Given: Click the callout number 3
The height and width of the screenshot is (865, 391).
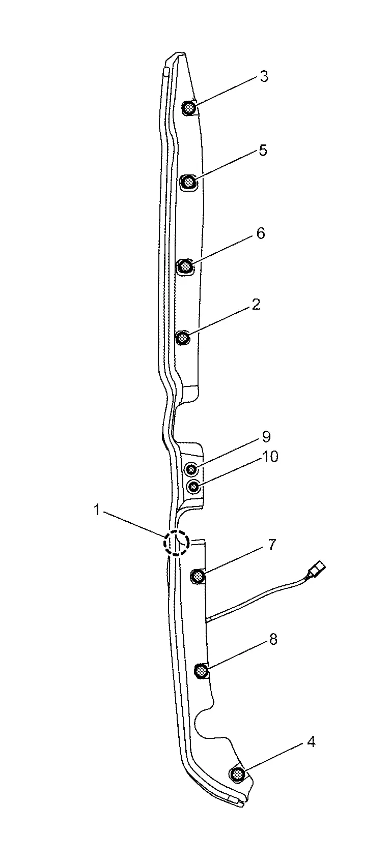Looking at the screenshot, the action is click(264, 76).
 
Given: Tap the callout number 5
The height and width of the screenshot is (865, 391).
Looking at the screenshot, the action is click(263, 150).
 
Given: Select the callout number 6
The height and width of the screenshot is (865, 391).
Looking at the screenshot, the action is click(261, 233).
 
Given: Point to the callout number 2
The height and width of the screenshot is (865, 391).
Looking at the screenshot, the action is click(256, 305).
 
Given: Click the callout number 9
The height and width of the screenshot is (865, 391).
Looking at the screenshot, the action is click(266, 437).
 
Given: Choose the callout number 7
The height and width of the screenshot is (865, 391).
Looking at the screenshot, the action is click(271, 545).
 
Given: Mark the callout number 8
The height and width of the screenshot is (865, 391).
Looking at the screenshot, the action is click(273, 639).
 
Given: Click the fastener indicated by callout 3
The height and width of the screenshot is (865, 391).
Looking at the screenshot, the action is click(189, 108).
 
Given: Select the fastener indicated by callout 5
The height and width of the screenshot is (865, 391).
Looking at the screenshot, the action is click(188, 182).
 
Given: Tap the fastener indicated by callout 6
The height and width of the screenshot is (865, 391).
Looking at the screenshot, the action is click(185, 265).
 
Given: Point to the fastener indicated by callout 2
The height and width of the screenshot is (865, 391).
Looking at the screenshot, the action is click(182, 338).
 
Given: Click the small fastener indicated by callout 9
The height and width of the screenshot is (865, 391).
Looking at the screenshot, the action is click(191, 469).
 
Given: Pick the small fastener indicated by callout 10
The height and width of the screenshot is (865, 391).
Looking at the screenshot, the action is click(194, 487).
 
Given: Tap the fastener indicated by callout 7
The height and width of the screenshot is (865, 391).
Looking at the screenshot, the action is click(198, 577).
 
